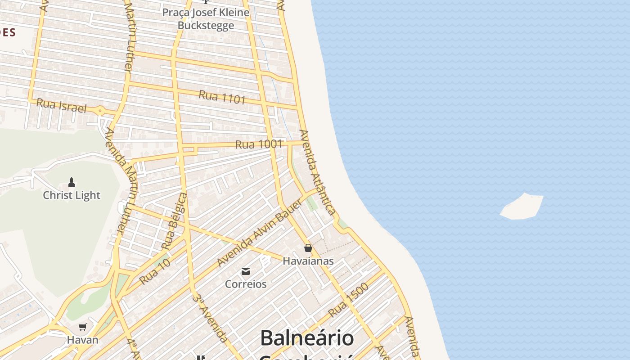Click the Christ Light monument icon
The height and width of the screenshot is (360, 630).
click(71, 182)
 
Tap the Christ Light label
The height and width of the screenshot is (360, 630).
click(72, 195)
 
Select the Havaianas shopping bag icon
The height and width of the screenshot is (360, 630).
click(308, 248)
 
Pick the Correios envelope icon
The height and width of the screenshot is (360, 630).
click(246, 271)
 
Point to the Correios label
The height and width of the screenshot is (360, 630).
click(246, 284)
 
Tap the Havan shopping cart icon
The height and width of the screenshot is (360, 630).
click(82, 327)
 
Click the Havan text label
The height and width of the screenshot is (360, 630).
click(82, 340)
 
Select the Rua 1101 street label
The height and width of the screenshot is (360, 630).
click(222, 97)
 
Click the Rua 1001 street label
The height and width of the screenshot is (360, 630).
click(259, 144)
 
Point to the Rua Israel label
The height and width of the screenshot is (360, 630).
click(61, 106)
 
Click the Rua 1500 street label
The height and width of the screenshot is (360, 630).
click(348, 300)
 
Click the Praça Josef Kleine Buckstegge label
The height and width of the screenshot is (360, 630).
click(206, 18)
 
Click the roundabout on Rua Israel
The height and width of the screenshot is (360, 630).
click(100, 110)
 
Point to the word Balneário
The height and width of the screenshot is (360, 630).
click(307, 338)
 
